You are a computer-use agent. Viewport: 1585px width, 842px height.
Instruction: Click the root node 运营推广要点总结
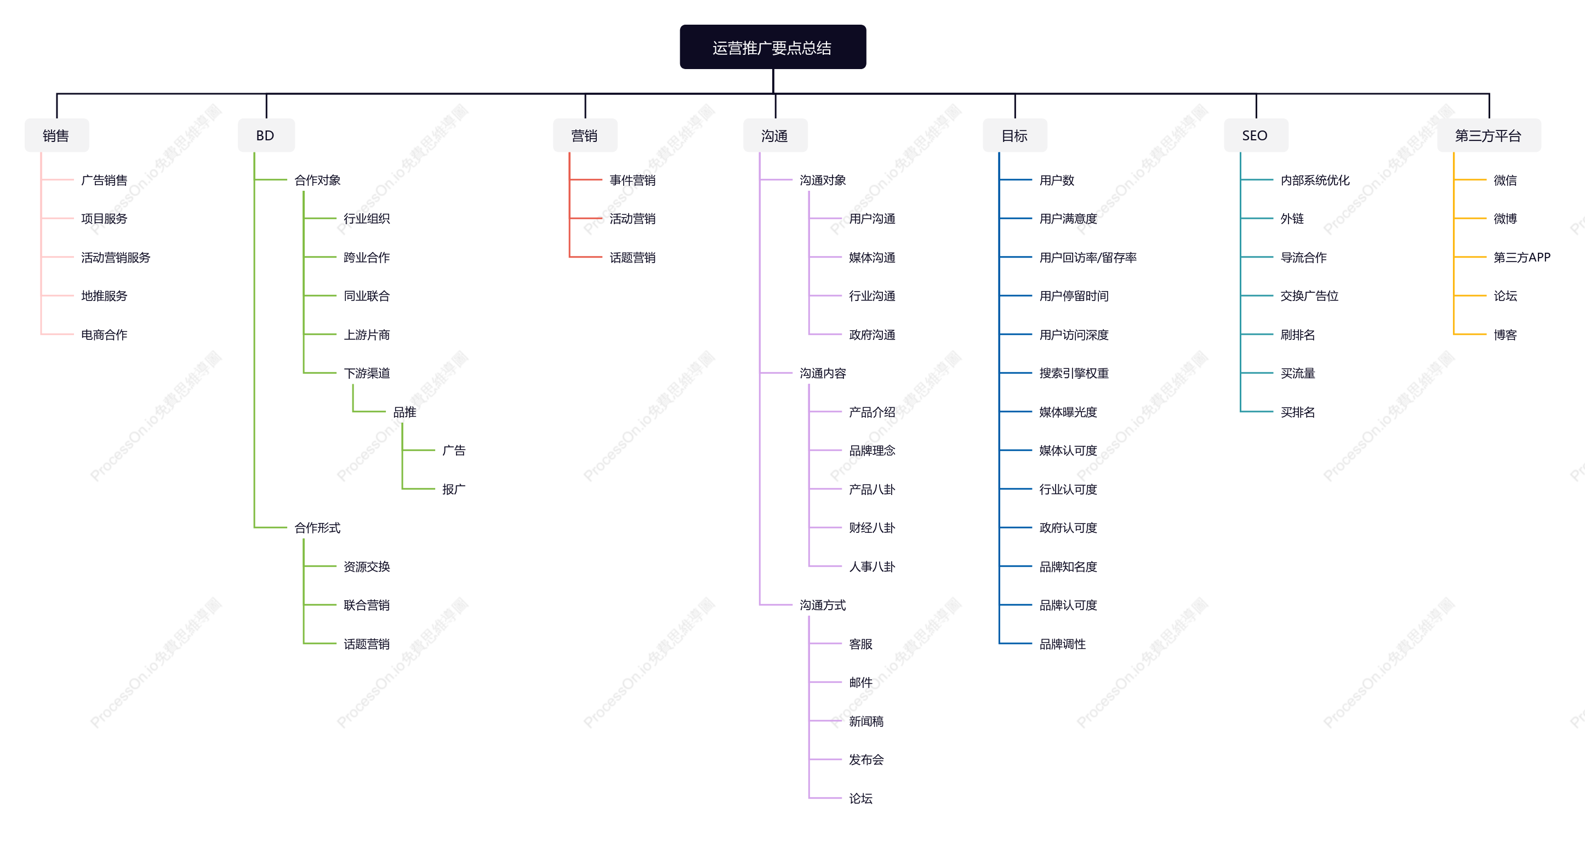coord(773,47)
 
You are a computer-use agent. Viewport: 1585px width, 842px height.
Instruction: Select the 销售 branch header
coord(56,135)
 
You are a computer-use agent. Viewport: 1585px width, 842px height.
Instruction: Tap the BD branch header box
coord(266,135)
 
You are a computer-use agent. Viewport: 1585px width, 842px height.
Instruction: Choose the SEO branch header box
coord(1255,135)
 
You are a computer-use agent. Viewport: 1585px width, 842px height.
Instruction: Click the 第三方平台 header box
coord(1489,135)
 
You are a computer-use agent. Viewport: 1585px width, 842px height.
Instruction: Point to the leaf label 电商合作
coord(104,335)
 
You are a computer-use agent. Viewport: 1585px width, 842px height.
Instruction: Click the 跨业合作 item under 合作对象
coord(367,257)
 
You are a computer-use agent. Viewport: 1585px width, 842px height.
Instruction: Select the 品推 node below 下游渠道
coord(404,412)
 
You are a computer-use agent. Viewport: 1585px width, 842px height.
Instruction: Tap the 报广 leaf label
coord(453,490)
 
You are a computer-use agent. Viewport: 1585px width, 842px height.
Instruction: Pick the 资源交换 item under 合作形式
coord(367,566)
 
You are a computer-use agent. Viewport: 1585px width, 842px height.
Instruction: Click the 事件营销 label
coord(632,180)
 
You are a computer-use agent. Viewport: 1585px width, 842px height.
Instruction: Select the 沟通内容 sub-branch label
coord(823,373)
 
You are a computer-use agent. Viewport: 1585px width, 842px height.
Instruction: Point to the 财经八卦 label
coord(872,527)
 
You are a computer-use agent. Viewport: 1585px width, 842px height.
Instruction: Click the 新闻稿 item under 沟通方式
coord(866,721)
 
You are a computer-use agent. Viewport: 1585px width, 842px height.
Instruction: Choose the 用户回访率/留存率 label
coord(1088,257)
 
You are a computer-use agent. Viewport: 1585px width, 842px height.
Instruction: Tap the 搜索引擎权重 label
coord(1074,373)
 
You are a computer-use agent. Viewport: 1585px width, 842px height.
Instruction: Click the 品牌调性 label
coord(1063,644)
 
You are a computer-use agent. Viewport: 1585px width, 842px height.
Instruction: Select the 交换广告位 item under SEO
coord(1309,296)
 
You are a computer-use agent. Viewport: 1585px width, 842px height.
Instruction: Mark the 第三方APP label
coord(1521,257)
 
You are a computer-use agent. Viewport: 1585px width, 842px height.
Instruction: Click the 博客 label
coord(1505,335)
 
